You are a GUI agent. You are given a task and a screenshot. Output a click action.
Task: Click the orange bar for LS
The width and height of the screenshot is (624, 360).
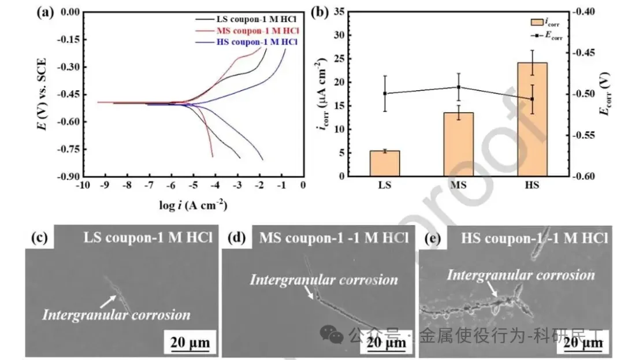(x=384, y=164)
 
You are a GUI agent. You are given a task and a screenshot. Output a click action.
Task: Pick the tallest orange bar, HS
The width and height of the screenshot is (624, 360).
(x=532, y=119)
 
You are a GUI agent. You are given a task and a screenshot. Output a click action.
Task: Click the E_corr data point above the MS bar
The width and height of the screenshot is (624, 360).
(x=458, y=87)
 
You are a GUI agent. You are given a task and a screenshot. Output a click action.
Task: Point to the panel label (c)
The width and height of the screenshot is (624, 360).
(x=38, y=237)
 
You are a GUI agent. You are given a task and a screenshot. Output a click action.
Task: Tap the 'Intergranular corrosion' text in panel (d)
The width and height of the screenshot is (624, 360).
(x=324, y=280)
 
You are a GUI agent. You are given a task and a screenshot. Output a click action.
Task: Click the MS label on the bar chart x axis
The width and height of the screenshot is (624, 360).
(x=458, y=186)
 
